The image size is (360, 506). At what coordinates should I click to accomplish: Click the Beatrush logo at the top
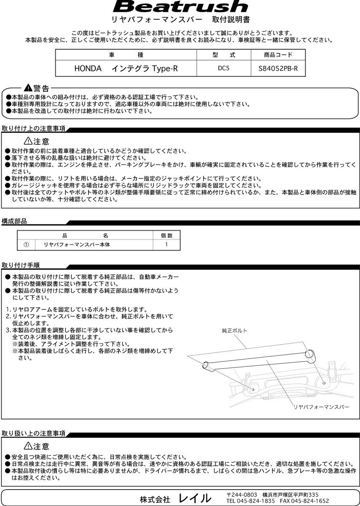point(180,7)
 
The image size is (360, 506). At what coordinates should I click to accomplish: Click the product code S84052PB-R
point(278,68)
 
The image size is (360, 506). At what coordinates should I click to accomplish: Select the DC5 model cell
point(224,68)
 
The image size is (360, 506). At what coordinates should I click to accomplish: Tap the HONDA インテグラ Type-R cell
point(126,68)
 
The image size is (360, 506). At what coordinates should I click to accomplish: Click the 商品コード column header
point(278,55)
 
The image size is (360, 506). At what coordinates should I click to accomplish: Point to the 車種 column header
point(126,55)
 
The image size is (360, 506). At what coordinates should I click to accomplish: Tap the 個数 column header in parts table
point(167,235)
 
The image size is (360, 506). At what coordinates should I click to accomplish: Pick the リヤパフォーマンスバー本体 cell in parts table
point(77,245)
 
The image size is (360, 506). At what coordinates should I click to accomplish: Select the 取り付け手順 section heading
point(21,265)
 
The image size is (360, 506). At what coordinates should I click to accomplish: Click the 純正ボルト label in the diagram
point(234,331)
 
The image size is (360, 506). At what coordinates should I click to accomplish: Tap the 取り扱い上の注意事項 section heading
point(34,433)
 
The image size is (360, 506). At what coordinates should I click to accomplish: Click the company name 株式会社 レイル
point(176,498)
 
